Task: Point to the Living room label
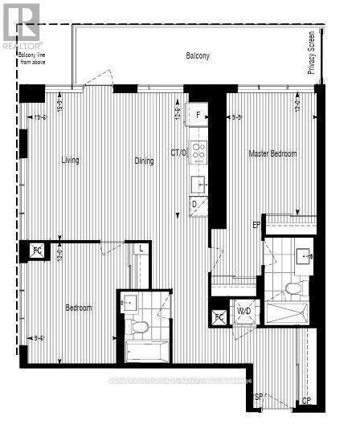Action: (71, 161)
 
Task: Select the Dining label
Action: (144, 161)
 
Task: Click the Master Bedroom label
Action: (272, 154)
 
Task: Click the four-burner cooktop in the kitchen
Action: (198, 152)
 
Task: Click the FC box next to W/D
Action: (219, 316)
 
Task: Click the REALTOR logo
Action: (20, 25)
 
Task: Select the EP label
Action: (257, 224)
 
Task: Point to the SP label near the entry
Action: (259, 397)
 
